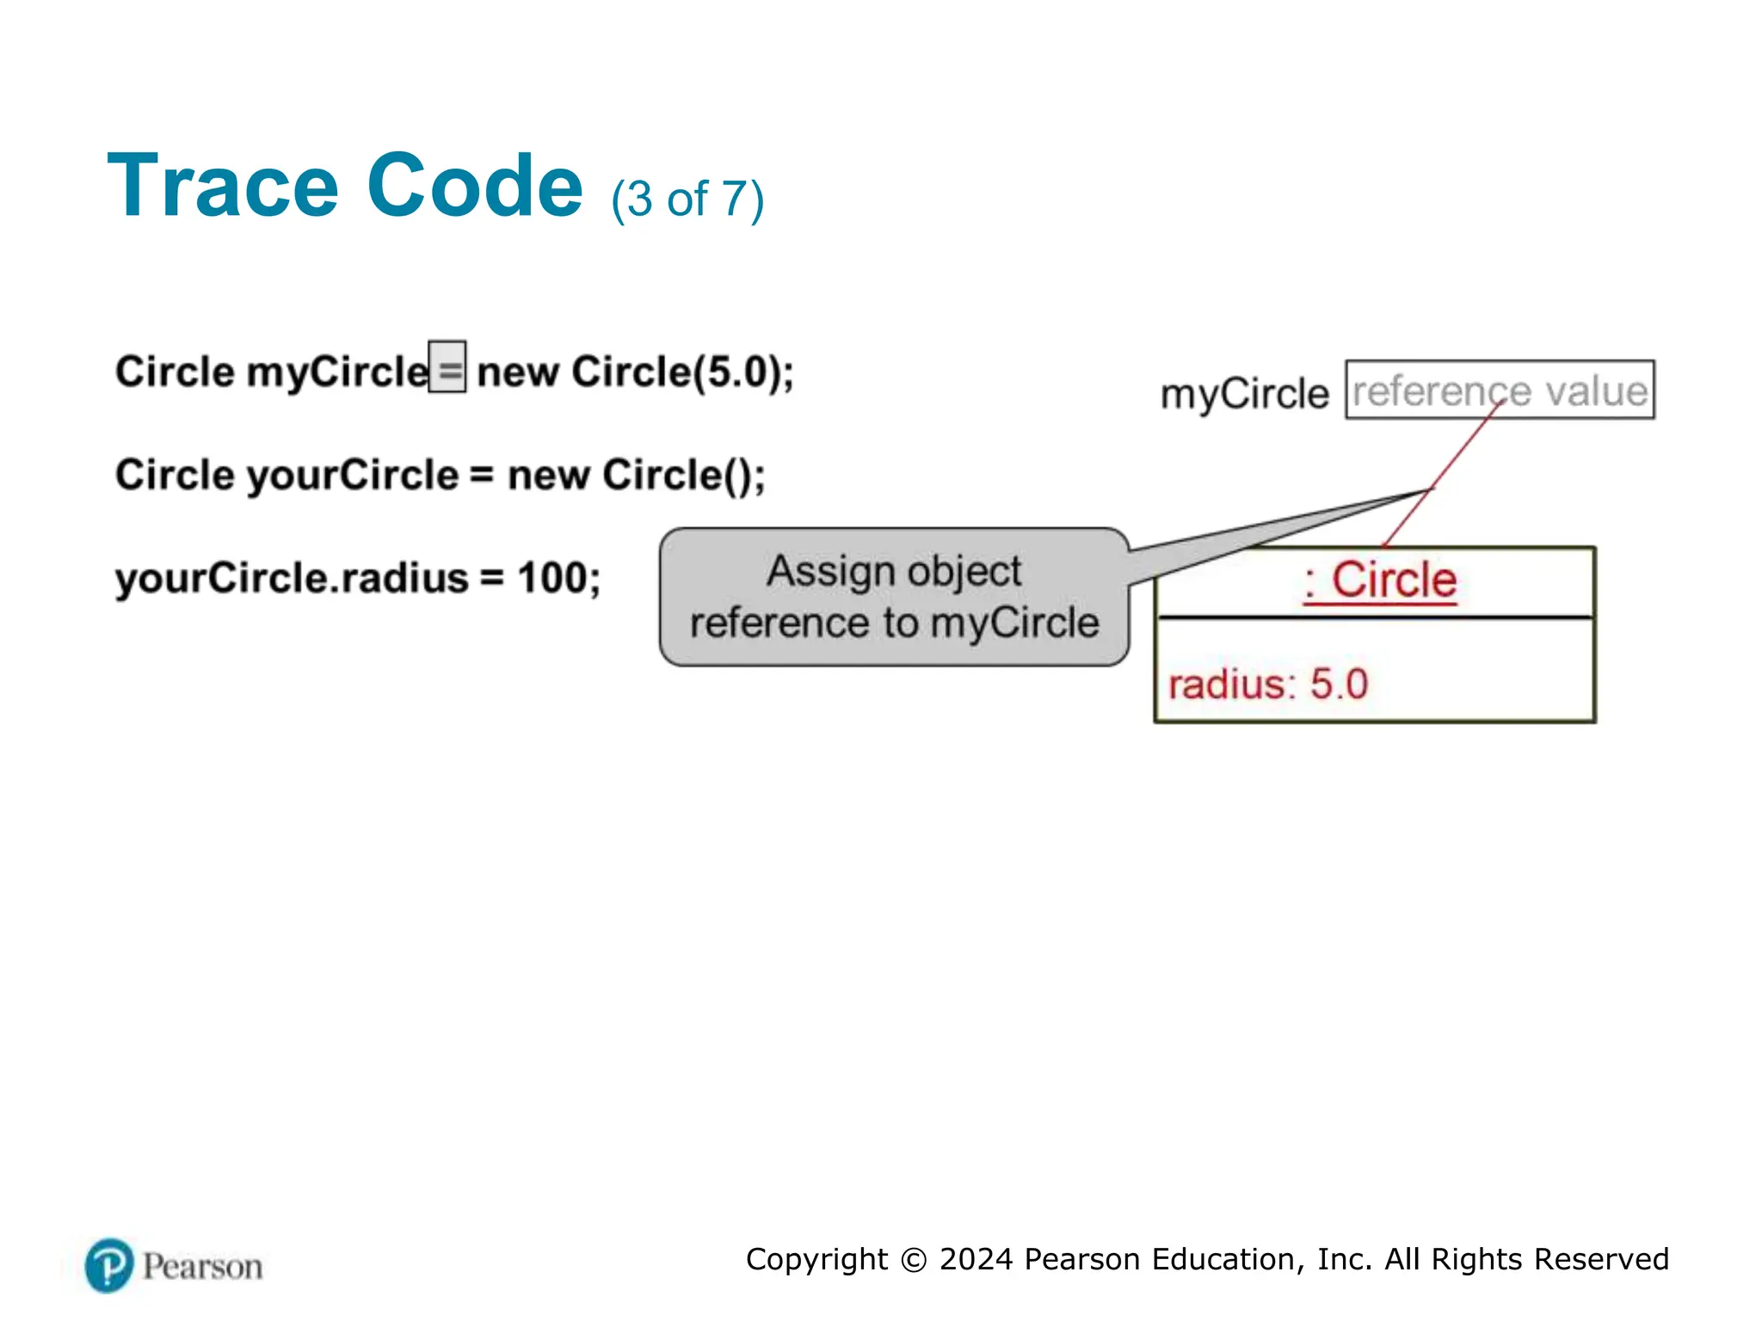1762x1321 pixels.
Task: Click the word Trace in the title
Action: [x=223, y=187]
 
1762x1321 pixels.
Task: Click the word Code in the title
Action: [x=475, y=187]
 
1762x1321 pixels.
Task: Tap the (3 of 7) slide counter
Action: [x=687, y=200]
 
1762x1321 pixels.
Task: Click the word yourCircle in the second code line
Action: [x=353, y=476]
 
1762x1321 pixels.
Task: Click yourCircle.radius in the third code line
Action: [x=292, y=578]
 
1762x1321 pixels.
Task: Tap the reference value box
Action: [x=1500, y=390]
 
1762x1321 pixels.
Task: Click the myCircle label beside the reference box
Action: [x=1244, y=395]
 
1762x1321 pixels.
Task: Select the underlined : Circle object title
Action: [x=1380, y=581]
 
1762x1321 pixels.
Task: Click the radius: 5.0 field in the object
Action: [x=1268, y=685]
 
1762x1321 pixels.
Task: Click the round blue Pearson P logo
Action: [x=109, y=1265]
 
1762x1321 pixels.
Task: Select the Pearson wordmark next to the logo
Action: [x=202, y=1267]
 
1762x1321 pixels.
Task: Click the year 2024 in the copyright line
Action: [x=976, y=1259]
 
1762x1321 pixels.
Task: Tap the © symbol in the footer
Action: [x=913, y=1260]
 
